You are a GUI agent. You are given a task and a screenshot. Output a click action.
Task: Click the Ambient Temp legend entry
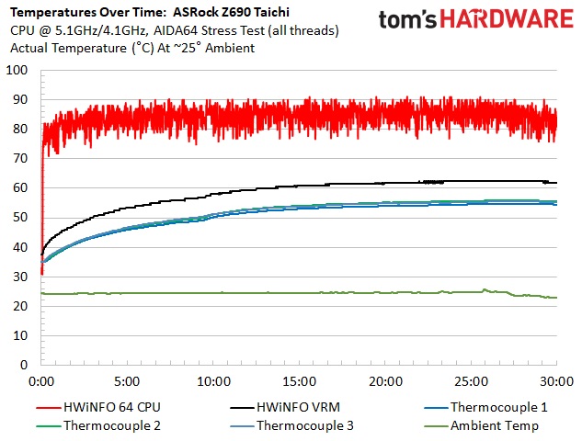[x=495, y=425]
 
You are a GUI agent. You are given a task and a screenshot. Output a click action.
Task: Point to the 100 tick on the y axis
[x=17, y=70]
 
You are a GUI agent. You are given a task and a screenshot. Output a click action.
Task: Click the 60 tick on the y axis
[x=21, y=187]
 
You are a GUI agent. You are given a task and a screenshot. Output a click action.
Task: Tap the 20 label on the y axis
[x=21, y=306]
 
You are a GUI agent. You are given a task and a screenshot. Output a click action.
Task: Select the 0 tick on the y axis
[x=25, y=365]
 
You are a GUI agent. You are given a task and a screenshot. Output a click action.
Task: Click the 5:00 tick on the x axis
[x=127, y=380]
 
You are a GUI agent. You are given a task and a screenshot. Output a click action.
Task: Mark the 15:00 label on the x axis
[x=299, y=380]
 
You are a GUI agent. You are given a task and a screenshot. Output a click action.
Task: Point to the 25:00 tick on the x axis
[x=471, y=380]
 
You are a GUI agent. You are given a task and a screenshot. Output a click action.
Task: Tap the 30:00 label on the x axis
[x=555, y=380]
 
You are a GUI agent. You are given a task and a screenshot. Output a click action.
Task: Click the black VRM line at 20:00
[x=385, y=182]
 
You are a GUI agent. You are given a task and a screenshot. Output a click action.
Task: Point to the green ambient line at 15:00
[x=299, y=293]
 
